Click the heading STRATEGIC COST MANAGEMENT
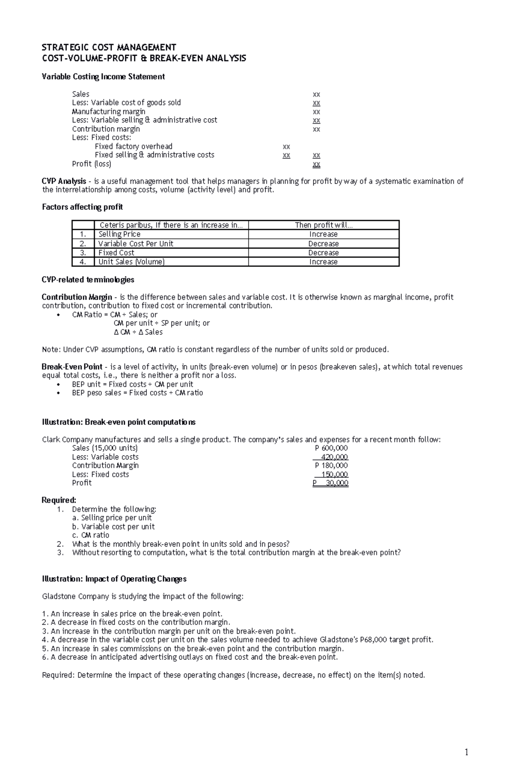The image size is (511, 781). tap(109, 47)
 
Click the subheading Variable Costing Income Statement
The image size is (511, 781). tap(103, 77)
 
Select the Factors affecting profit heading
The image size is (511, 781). tap(82, 207)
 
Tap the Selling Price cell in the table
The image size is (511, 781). tap(119, 235)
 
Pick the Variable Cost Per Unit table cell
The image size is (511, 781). tap(135, 244)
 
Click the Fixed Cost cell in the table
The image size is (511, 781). tap(116, 253)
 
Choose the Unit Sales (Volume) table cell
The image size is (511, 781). tap(131, 262)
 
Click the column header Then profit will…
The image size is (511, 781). tap(324, 225)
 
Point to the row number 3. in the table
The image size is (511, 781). tap(83, 253)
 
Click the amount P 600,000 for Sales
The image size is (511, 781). tap(331, 448)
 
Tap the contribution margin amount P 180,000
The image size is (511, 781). tap(331, 466)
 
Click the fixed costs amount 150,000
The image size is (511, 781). tap(335, 475)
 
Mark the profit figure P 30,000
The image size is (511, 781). tap(331, 483)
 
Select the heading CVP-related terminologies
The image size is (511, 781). tap(88, 280)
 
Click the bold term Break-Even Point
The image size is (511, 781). tap(72, 367)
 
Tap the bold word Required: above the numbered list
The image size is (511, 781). tap(59, 500)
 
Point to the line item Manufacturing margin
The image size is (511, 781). tap(109, 112)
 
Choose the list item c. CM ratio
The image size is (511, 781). tap(91, 535)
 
